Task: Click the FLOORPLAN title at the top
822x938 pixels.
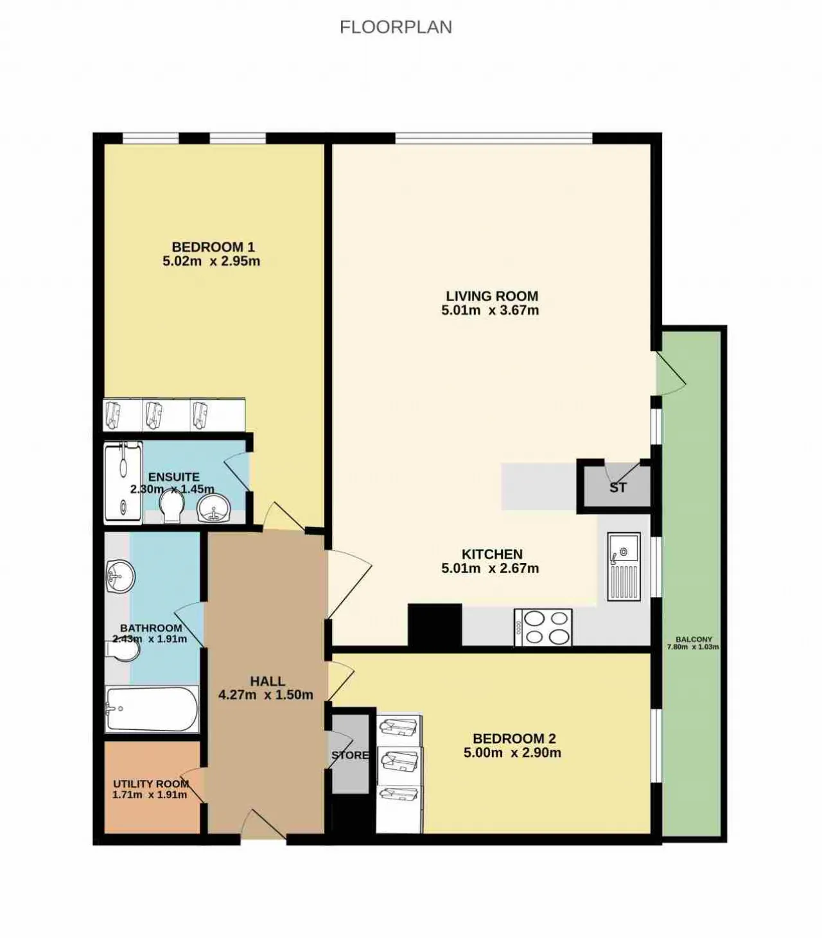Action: coord(396,28)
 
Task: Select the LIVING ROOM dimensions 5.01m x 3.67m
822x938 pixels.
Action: coord(490,310)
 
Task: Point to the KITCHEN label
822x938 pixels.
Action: coord(492,553)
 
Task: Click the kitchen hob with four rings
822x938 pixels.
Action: coord(543,627)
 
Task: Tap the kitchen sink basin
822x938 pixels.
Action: coord(624,548)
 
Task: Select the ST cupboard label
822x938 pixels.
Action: coord(618,487)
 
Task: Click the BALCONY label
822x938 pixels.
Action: coord(694,639)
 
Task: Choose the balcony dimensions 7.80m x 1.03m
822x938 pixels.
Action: coord(693,647)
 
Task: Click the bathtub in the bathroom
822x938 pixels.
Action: coord(152,709)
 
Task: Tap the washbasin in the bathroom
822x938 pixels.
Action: coord(120,577)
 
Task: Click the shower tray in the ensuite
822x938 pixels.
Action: coord(123,483)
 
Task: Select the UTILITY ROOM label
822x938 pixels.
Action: coord(151,784)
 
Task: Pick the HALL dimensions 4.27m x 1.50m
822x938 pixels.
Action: coord(265,695)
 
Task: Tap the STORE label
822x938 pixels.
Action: coord(350,755)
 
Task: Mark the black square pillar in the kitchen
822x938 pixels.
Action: coord(434,625)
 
